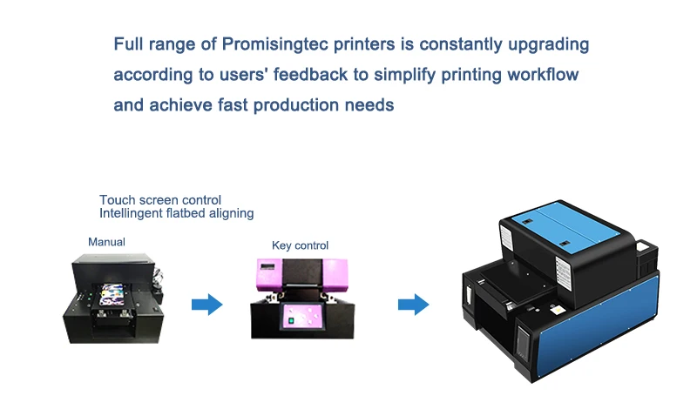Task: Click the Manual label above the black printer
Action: click(x=106, y=241)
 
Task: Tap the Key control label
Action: click(x=300, y=245)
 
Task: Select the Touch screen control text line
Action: click(x=160, y=200)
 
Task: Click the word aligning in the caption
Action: click(x=225, y=213)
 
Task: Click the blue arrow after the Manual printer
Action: click(x=207, y=304)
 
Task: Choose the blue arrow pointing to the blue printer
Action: click(x=413, y=304)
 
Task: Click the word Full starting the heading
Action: click(x=130, y=44)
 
